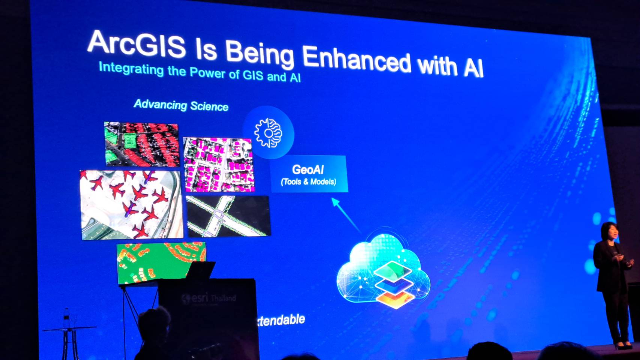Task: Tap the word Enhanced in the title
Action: point(356,60)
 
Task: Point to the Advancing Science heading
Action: point(181,105)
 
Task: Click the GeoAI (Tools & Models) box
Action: point(309,174)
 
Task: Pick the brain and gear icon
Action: point(268,133)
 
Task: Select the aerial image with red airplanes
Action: point(131,204)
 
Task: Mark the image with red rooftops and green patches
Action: point(141,144)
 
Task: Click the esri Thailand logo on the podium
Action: point(209,298)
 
